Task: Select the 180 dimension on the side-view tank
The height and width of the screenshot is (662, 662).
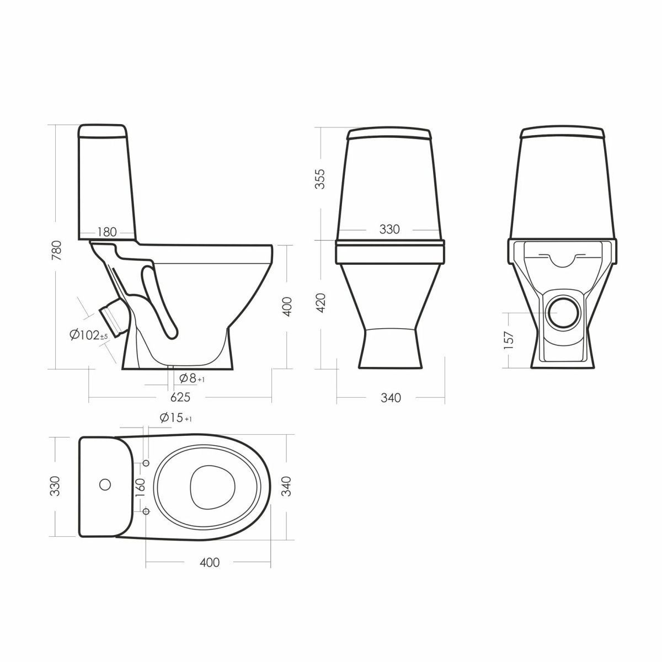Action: (x=107, y=232)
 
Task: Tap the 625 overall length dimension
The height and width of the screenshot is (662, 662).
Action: (x=180, y=397)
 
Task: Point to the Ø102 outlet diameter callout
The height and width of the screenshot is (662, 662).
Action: (x=89, y=335)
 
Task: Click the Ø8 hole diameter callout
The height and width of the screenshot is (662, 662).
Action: (x=192, y=378)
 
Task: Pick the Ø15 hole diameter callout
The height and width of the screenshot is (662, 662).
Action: (x=175, y=418)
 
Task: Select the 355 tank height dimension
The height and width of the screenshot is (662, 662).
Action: (x=321, y=179)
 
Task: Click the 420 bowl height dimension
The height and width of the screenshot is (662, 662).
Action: (x=321, y=302)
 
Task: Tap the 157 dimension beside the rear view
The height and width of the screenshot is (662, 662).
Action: (x=509, y=340)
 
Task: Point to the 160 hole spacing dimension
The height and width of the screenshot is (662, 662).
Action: (x=141, y=487)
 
